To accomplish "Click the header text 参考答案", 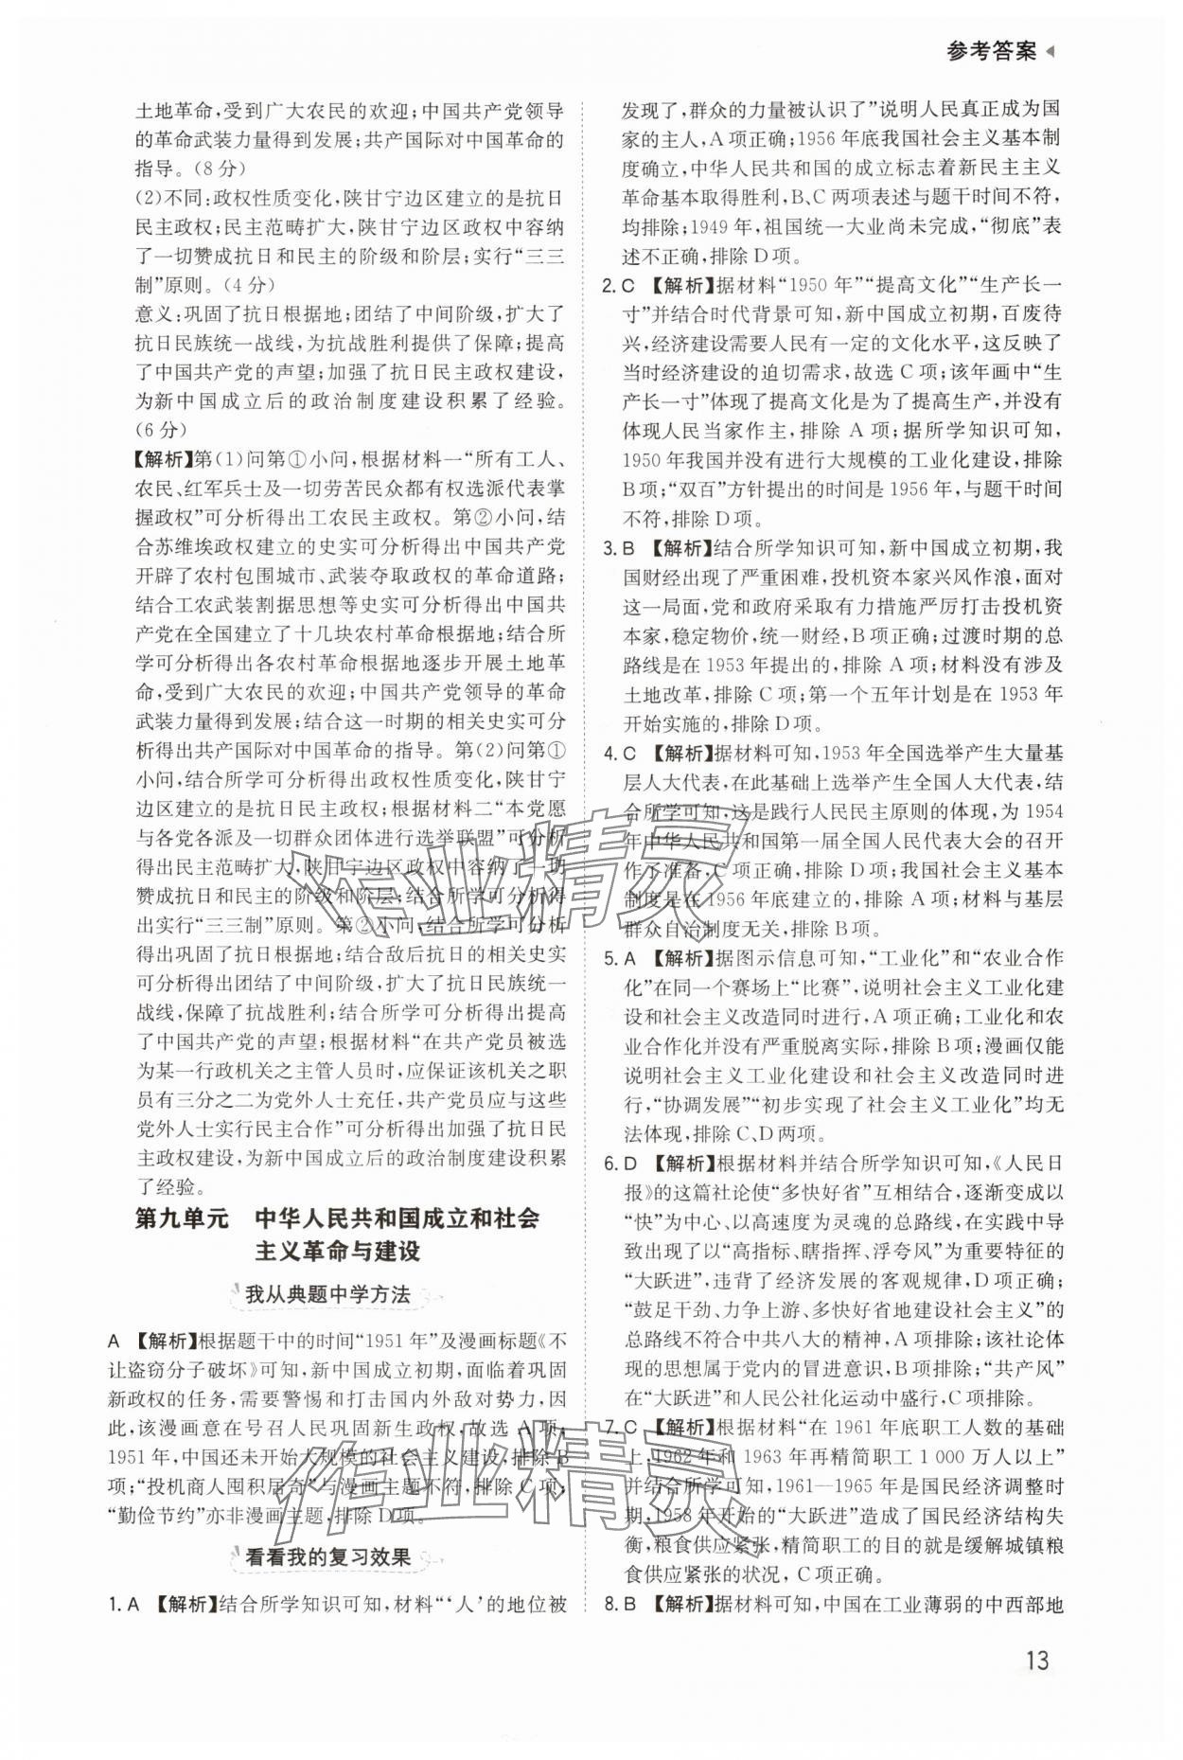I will [990, 52].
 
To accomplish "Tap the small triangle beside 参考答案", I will [1049, 52].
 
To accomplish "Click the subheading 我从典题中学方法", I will [327, 1294].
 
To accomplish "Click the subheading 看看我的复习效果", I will [327, 1556].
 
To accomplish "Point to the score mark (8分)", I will [217, 169].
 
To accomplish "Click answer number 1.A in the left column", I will [124, 1604].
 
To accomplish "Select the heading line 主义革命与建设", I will [338, 1251].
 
